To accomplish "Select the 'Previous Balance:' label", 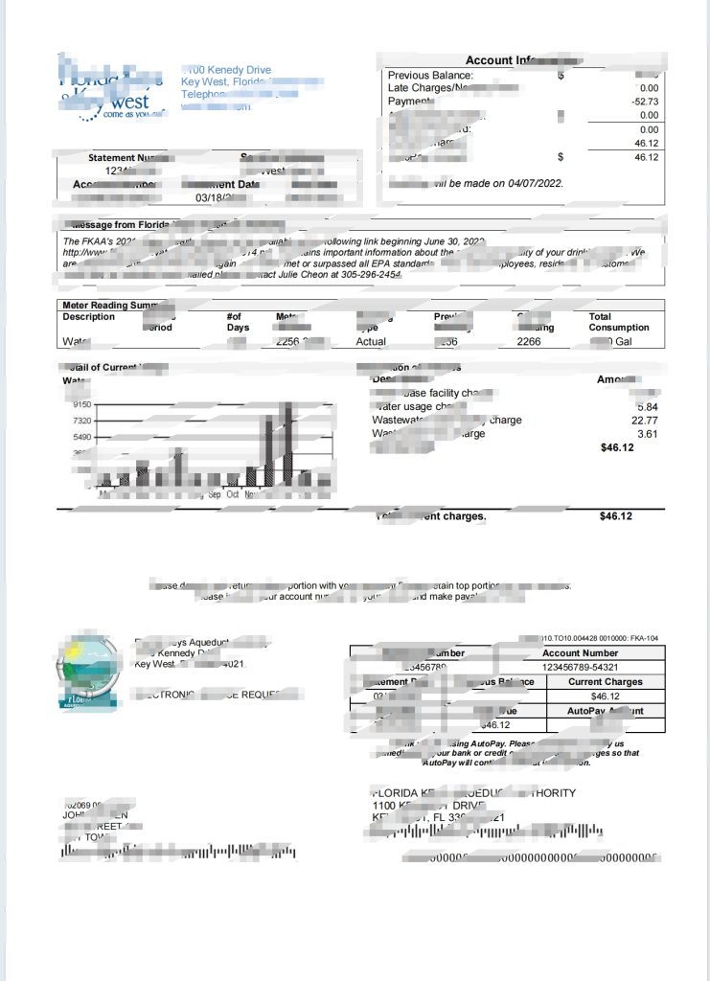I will (430, 75).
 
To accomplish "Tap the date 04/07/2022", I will (532, 183).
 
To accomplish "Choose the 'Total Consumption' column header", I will (618, 322).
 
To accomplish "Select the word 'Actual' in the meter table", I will (371, 340).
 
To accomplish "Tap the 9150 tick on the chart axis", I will (80, 405).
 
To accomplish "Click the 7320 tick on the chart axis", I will (80, 421).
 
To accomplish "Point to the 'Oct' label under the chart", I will (233, 494).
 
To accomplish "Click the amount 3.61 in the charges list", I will (648, 434).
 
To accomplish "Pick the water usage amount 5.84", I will (648, 406).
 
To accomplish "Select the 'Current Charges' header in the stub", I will (606, 682).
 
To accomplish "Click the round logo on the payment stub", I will (87, 669).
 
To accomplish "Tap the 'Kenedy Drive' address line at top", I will (230, 70).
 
